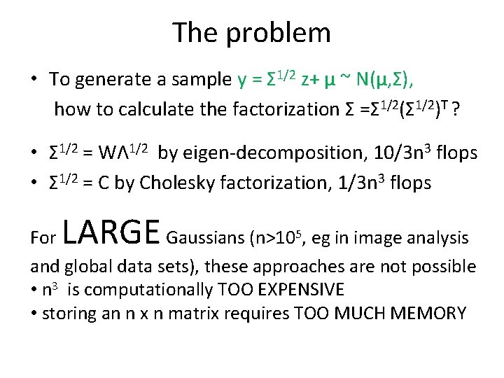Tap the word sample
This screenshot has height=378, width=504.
coord(203,80)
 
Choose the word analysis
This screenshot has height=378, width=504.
coord(440,239)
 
